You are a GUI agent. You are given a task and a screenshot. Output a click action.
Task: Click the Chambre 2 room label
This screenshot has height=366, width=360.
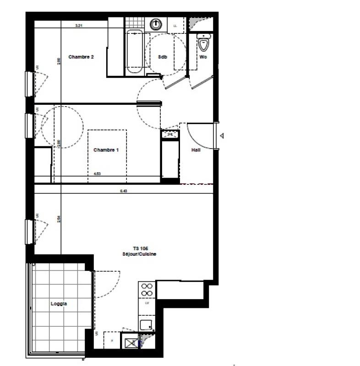click(81, 57)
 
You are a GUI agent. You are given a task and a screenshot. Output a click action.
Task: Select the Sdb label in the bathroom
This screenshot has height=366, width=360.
click(162, 57)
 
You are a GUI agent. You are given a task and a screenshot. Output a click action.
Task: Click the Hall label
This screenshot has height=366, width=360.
click(196, 150)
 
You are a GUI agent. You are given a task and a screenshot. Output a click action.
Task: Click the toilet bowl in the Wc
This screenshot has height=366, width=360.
click(203, 44)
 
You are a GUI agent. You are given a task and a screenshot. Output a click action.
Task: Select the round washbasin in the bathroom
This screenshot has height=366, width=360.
click(157, 23)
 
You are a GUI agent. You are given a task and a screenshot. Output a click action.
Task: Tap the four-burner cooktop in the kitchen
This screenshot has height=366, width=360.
click(147, 290)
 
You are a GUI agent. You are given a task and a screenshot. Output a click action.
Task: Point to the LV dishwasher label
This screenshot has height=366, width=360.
click(147, 303)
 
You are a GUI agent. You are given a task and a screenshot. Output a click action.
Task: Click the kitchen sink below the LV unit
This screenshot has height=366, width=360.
click(147, 325)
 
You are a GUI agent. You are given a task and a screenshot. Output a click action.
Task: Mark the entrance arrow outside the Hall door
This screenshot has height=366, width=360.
click(222, 136)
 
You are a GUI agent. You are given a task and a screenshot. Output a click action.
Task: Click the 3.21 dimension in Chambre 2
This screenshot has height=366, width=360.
click(79, 26)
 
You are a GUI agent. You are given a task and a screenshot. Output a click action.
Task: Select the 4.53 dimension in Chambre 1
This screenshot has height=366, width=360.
click(97, 174)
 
